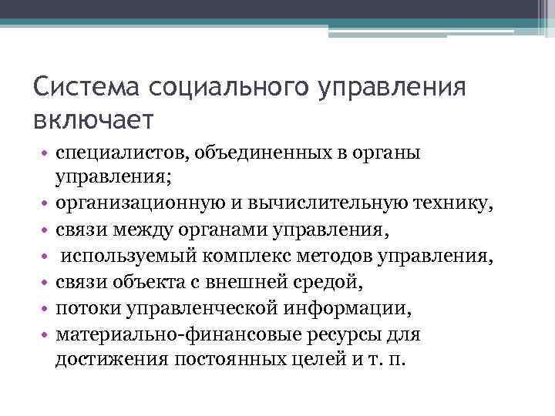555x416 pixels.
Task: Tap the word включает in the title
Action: [94, 119]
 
